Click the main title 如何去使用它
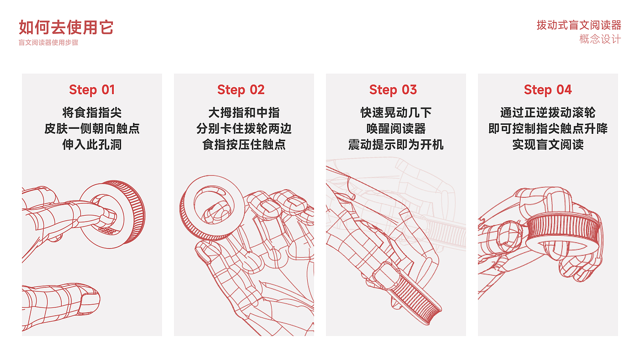[66, 28]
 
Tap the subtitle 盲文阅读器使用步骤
[48, 43]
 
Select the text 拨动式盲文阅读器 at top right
[579, 25]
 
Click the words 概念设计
[600, 39]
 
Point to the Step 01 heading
[92, 90]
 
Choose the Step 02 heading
[241, 90]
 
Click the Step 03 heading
[393, 90]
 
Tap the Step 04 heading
[548, 90]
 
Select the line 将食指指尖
[92, 113]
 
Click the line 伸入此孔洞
[92, 145]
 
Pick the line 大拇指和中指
[244, 113]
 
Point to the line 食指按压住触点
[244, 145]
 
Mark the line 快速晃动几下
[396, 113]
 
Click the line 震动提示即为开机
[396, 145]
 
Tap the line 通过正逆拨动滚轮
[548, 113]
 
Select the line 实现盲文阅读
[548, 145]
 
